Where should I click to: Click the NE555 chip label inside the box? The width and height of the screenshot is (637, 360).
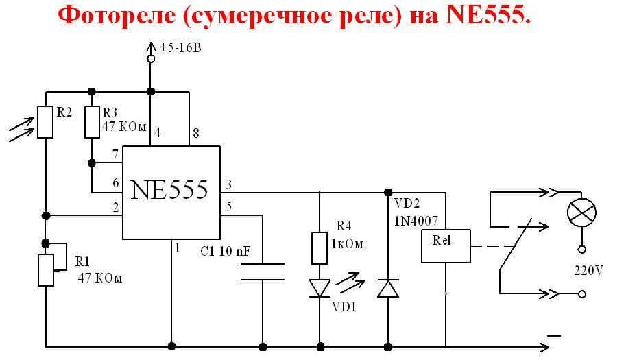click(169, 189)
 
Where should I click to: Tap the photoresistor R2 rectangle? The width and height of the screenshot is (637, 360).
click(45, 121)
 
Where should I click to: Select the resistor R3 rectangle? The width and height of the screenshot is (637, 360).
click(91, 121)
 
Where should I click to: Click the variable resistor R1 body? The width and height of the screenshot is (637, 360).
click(45, 269)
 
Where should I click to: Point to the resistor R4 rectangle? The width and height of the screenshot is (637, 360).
click(319, 248)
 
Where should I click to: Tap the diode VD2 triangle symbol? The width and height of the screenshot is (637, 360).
click(388, 288)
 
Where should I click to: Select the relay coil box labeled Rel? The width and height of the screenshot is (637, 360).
click(446, 246)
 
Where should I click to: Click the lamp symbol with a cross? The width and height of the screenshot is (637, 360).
click(581, 213)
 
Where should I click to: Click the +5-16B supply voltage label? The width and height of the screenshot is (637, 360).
click(180, 48)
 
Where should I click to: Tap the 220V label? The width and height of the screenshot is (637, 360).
click(588, 270)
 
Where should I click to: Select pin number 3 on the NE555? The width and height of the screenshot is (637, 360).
click(228, 184)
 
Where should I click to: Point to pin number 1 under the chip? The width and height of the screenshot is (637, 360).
click(177, 248)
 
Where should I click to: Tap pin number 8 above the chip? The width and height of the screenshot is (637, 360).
click(195, 134)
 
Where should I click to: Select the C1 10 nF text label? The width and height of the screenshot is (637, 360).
click(226, 251)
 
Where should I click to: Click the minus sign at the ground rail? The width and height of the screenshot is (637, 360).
click(554, 335)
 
